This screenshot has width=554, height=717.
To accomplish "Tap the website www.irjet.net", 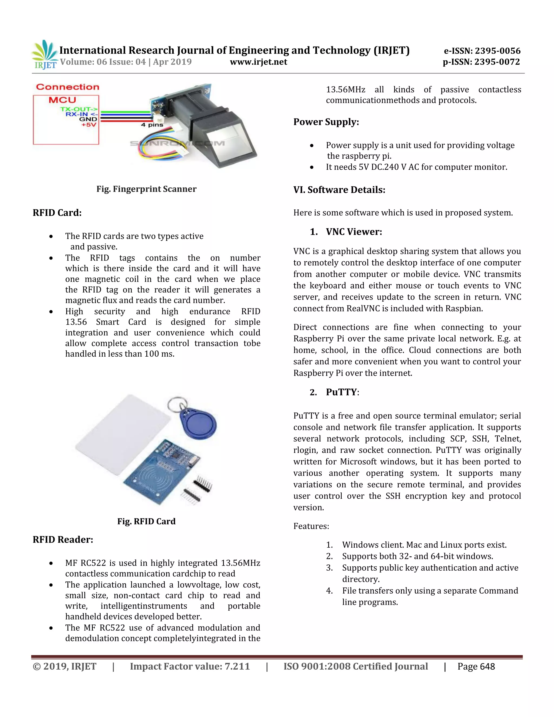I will pyautogui.click(x=258, y=62).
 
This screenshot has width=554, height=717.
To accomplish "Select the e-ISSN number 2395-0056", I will pyautogui.click(x=497, y=51).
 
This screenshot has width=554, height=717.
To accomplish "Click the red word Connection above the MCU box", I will pyautogui.click(x=68, y=87).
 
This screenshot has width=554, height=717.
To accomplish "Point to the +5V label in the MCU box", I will pyautogui.click(x=89, y=125).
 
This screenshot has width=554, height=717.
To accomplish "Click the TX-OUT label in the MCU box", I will pyautogui.click(x=79, y=109).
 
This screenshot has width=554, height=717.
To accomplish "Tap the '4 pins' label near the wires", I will pyautogui.click(x=152, y=125).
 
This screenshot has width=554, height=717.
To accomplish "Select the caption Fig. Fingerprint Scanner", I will pyautogui.click(x=146, y=189).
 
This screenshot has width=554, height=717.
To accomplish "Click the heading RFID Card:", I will pyautogui.click(x=57, y=213).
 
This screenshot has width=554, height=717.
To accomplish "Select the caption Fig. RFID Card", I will pyautogui.click(x=146, y=521).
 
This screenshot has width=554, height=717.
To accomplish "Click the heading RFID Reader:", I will pyautogui.click(x=63, y=540).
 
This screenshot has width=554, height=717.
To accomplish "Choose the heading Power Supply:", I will pyautogui.click(x=326, y=122).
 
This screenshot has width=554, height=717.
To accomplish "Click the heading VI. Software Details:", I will pyautogui.click(x=339, y=190).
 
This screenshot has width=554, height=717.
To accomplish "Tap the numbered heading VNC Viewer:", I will pyautogui.click(x=354, y=232).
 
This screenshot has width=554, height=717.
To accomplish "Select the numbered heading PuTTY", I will pyautogui.click(x=341, y=392).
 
